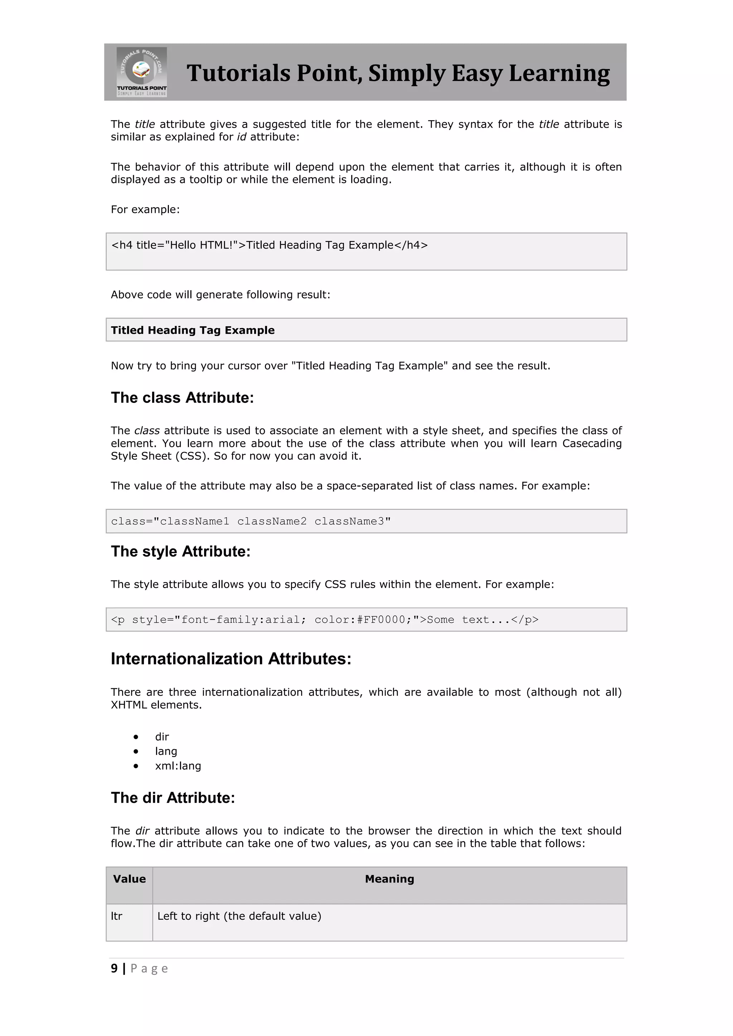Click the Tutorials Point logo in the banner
coord(142,72)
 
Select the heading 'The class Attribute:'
coord(182,398)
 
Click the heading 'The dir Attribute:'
coord(173,798)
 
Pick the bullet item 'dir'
coord(161,737)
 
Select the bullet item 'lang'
coord(166,752)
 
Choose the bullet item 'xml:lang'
coord(178,766)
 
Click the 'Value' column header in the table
coord(129,879)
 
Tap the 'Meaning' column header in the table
coord(389,879)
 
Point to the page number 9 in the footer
coord(114,969)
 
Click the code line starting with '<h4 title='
coord(269,245)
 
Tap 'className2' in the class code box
coord(272,522)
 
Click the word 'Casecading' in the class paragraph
coord(592,444)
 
